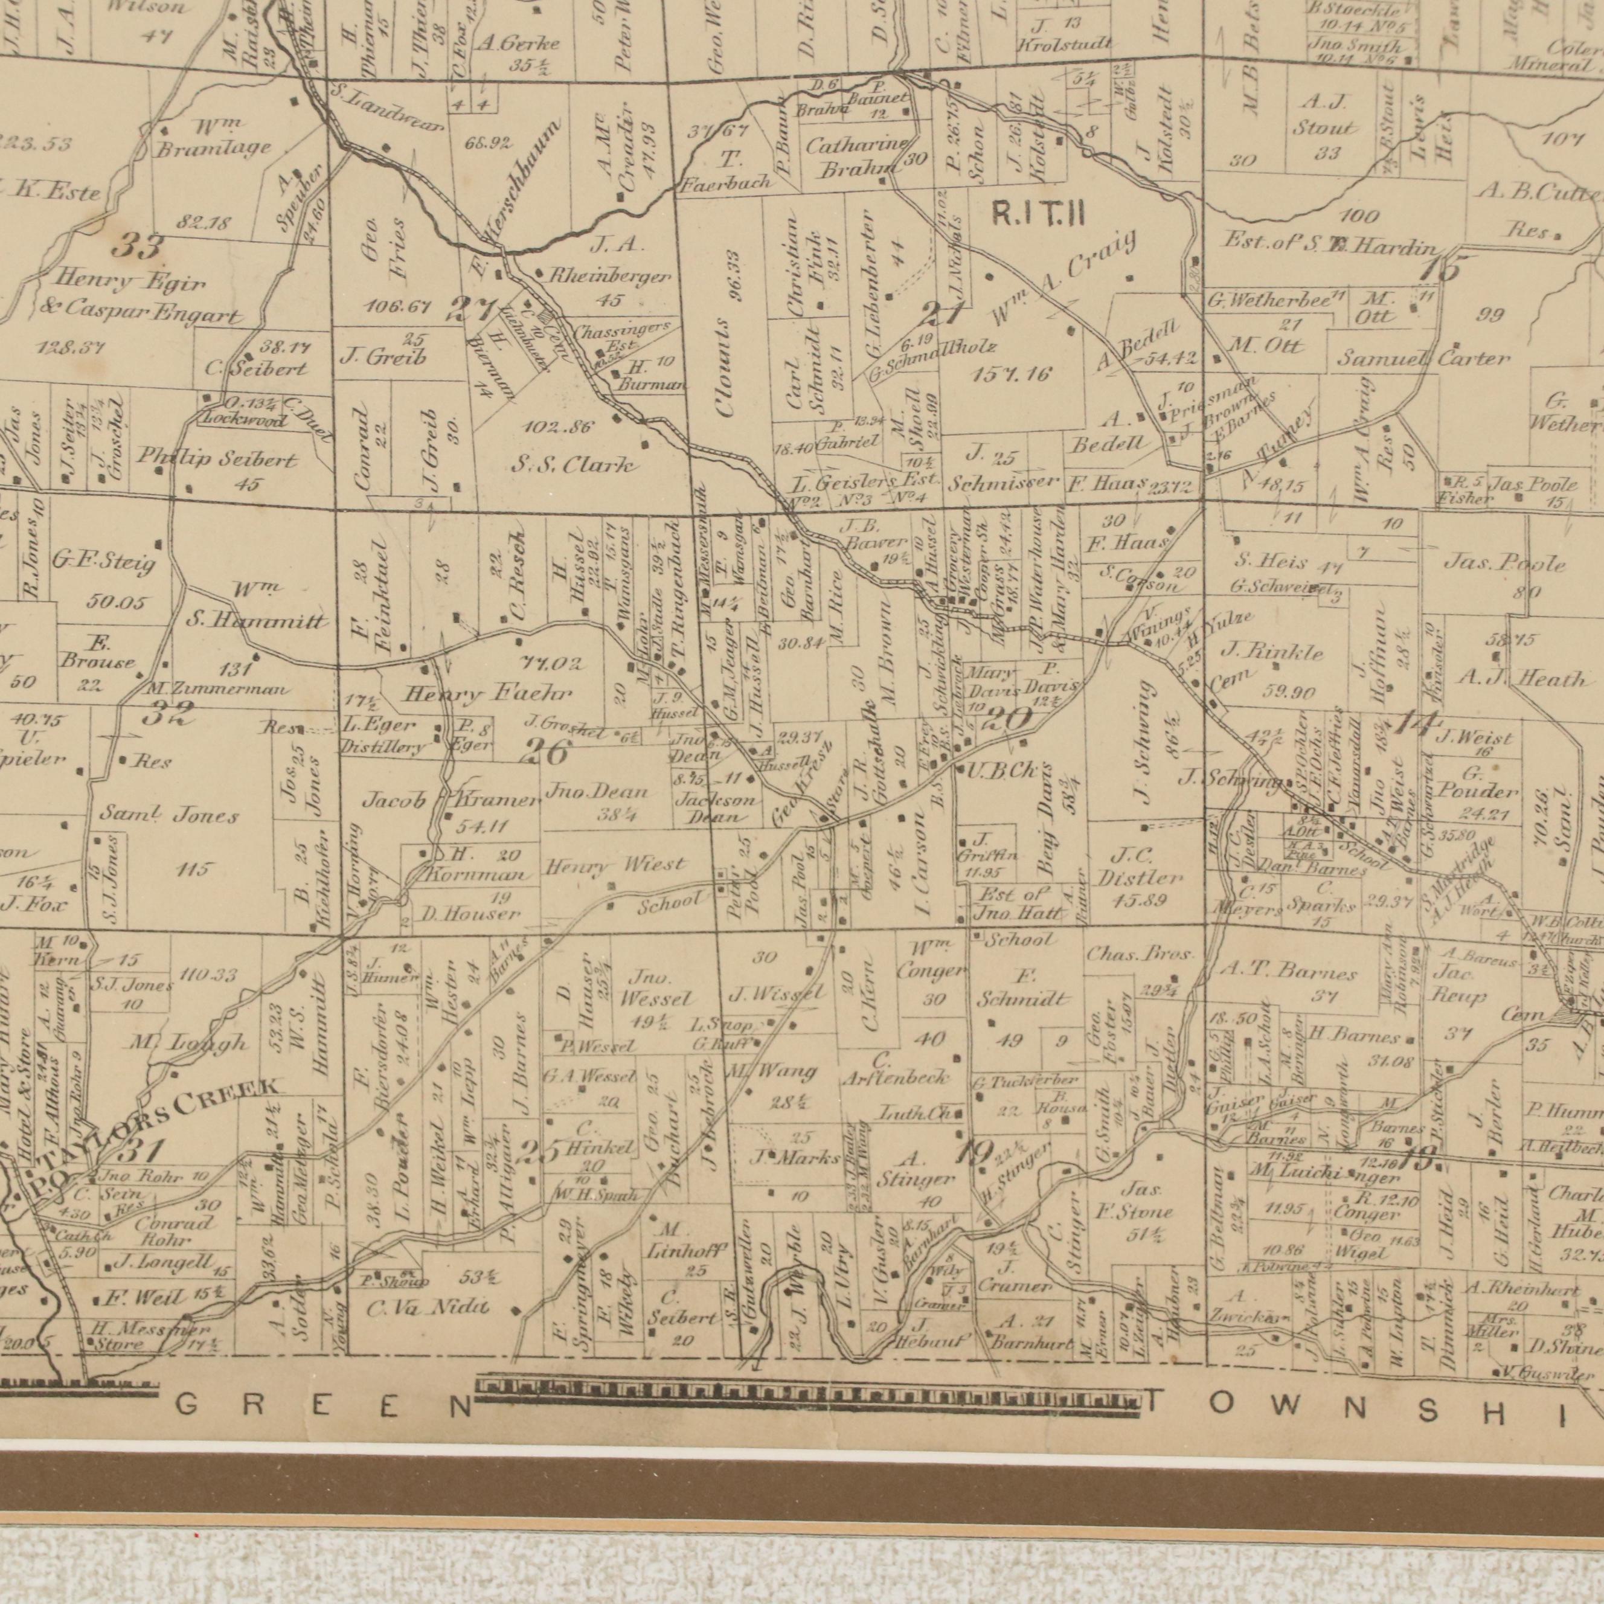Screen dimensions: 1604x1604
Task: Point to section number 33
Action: click(x=137, y=246)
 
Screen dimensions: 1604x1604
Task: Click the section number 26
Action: click(x=547, y=753)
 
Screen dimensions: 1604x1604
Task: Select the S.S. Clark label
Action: click(x=573, y=466)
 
